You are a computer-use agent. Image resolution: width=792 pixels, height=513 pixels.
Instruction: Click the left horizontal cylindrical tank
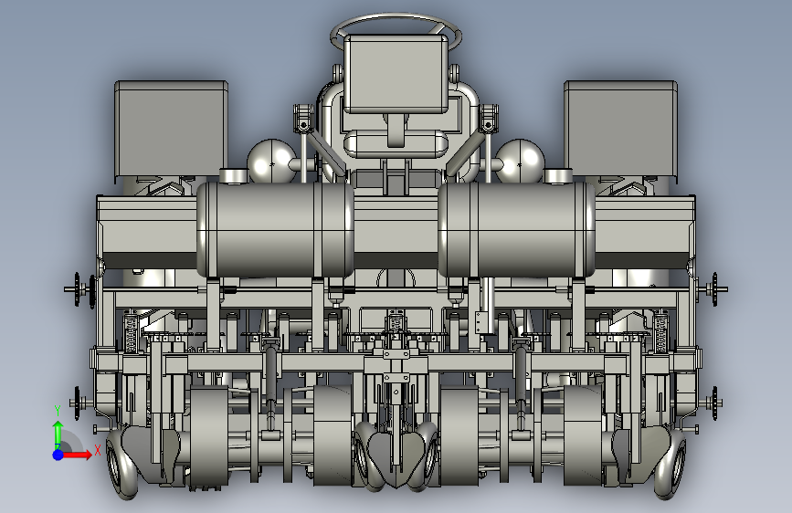coord(275,229)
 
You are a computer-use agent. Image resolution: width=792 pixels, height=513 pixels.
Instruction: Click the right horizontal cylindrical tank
coord(516,229)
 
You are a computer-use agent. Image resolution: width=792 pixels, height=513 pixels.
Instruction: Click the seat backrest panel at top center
coord(396,74)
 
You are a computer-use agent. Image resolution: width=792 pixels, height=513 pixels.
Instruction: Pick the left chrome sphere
coord(271,161)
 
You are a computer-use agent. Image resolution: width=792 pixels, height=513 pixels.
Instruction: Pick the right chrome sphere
coord(520,161)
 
